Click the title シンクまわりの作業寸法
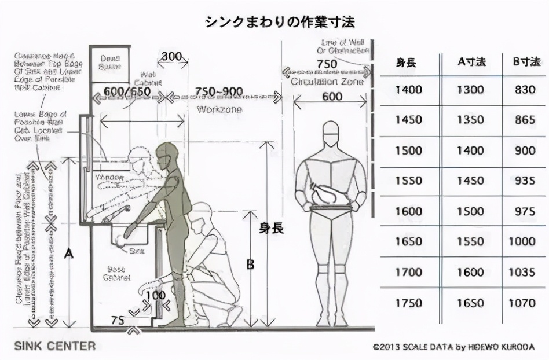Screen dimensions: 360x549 point(280,23)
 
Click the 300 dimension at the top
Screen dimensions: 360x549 point(171,57)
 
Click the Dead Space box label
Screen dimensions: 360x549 point(110,63)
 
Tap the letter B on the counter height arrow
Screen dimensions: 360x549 point(250,264)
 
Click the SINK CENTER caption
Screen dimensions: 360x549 point(55,346)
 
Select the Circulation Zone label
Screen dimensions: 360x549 point(327,82)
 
